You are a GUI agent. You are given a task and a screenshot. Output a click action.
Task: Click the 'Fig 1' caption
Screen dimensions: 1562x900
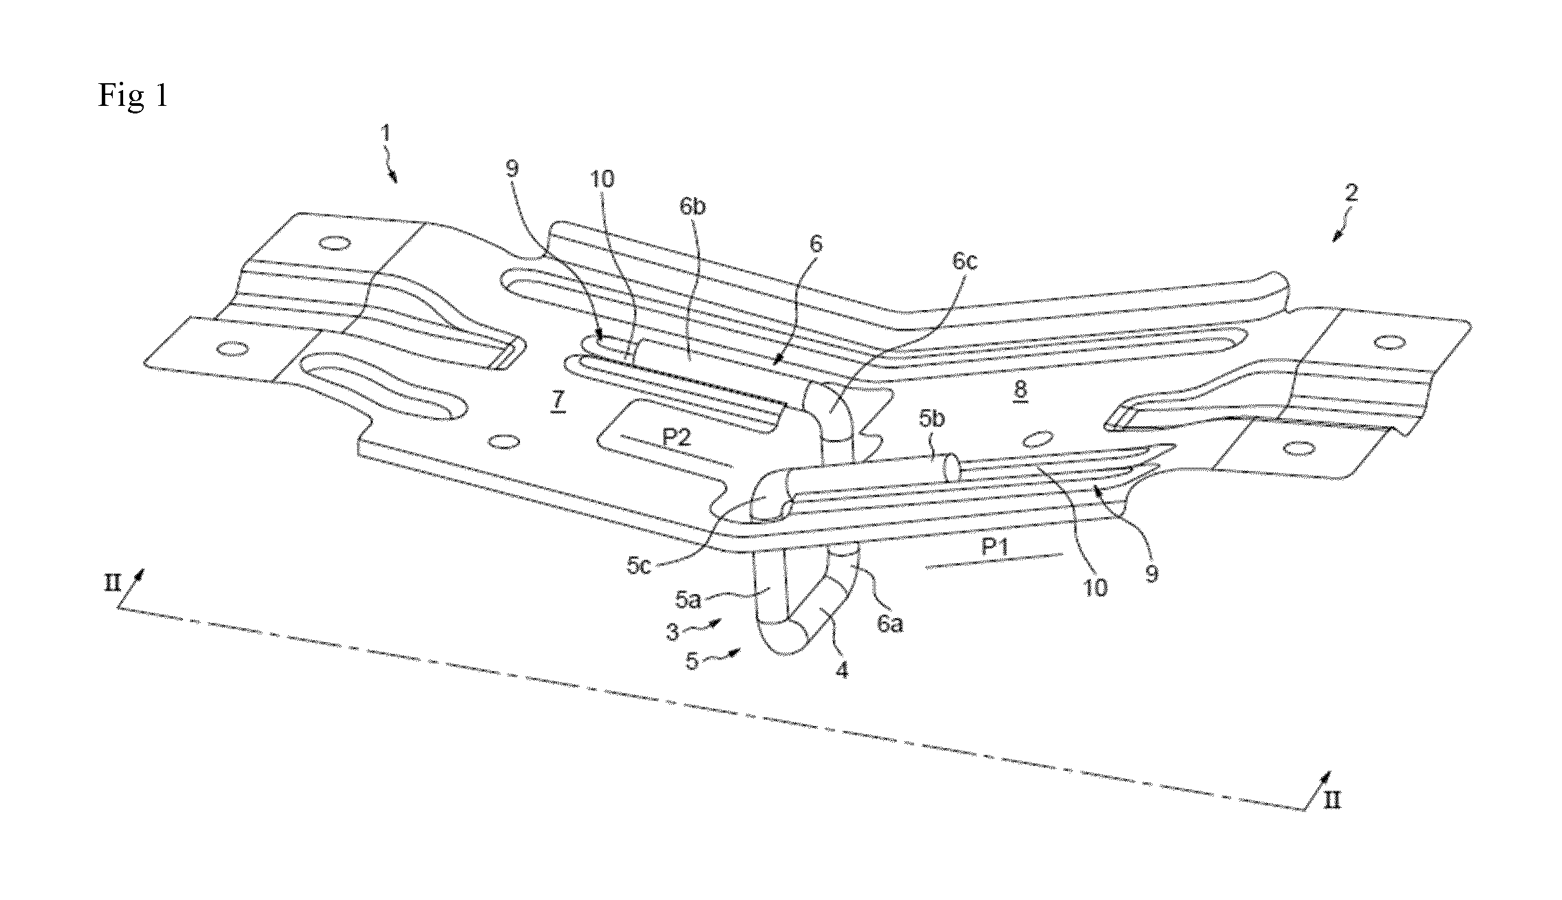133,96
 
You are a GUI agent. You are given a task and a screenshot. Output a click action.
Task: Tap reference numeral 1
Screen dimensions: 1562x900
387,133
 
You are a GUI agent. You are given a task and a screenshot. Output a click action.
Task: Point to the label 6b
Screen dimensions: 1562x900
693,207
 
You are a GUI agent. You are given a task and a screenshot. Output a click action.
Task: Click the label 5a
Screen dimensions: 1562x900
688,600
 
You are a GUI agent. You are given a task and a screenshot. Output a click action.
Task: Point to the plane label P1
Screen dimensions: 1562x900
995,547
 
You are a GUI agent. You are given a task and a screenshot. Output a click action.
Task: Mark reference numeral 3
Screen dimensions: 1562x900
673,632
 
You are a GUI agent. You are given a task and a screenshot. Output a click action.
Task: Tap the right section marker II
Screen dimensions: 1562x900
1332,800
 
